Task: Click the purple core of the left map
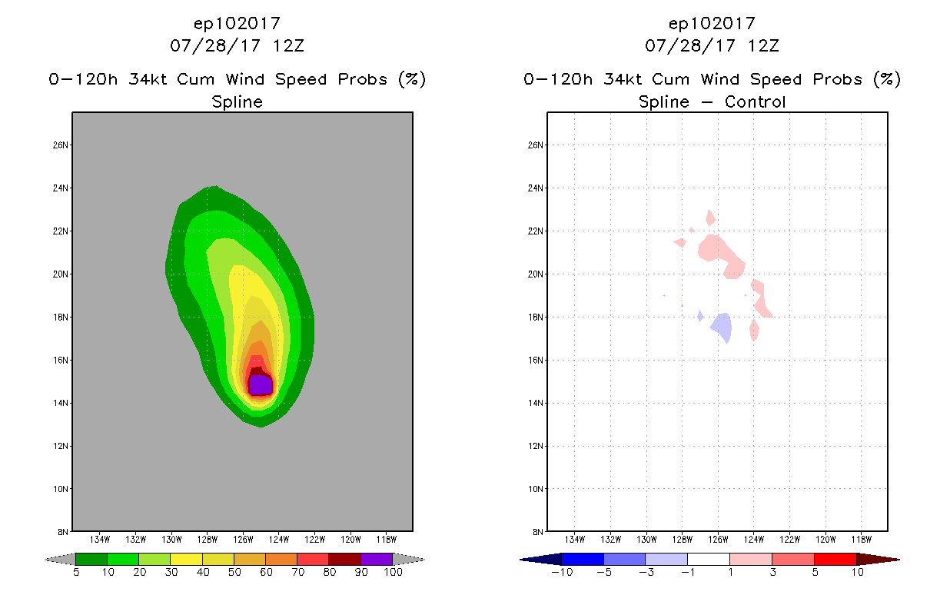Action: (261, 384)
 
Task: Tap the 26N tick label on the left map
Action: (61, 145)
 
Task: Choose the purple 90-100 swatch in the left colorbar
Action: (377, 559)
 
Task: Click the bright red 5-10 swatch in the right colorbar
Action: (835, 559)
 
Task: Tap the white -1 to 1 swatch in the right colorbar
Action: (708, 559)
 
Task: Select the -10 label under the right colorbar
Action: (560, 572)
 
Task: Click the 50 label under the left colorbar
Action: (234, 572)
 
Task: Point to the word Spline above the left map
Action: (237, 101)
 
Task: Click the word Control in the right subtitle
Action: (756, 101)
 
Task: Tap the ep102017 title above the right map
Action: (712, 24)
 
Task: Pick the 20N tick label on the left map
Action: (61, 274)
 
